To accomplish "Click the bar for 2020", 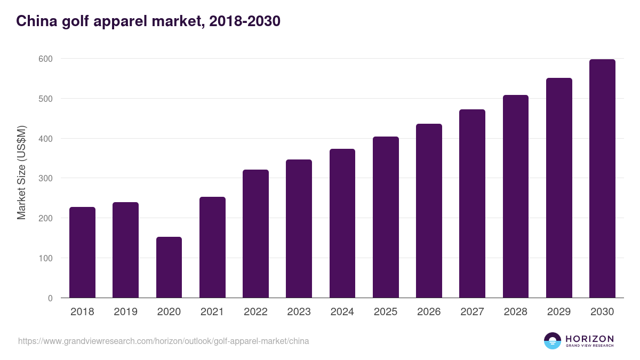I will point(169,267).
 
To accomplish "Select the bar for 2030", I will point(602,179).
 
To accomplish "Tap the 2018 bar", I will point(82,252).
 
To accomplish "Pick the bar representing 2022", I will point(255,234).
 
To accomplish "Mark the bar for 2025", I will point(386,217).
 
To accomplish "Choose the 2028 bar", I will point(516,196).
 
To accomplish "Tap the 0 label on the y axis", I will point(50,298).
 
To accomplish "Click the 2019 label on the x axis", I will point(125,312).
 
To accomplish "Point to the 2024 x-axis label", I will point(342,312).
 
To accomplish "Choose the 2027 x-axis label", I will point(472,312).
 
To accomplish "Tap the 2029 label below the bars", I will point(559,312).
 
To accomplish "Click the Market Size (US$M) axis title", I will point(21,172).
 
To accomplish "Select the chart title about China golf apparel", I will point(148,21).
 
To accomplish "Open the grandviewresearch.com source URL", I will point(163,341).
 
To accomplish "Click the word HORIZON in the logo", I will point(589,339).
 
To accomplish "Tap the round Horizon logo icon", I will point(552,341).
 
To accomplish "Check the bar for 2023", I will point(299,229).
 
